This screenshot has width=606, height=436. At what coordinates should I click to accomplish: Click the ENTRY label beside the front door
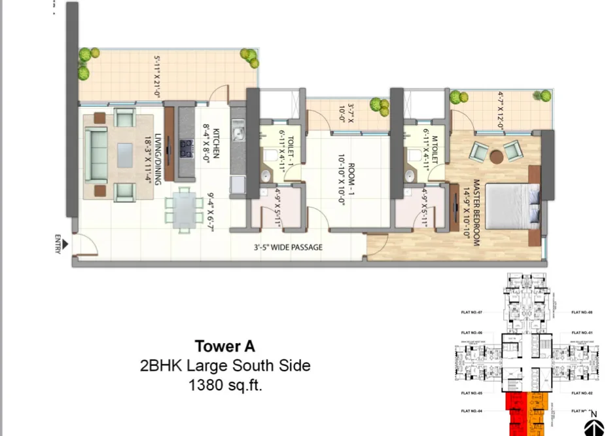point(59,244)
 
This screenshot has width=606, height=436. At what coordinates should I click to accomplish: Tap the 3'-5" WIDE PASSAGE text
point(288,247)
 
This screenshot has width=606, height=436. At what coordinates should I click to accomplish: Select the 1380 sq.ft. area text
point(224,386)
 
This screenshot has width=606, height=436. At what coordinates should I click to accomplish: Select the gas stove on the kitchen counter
point(186,149)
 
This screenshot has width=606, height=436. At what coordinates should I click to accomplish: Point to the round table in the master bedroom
point(497,156)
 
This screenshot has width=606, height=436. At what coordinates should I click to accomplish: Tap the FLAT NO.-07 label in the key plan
point(471,312)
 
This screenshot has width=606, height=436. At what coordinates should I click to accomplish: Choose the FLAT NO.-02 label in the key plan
point(582,393)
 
